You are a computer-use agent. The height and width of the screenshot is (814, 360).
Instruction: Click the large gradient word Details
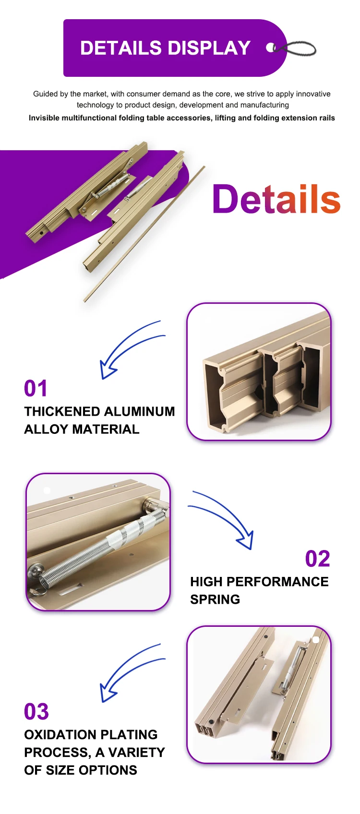[276, 199]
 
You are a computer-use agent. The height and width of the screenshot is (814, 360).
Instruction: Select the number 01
[36, 389]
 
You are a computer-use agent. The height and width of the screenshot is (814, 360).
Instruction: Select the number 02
[317, 559]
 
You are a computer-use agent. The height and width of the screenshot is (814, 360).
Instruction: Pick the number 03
[36, 712]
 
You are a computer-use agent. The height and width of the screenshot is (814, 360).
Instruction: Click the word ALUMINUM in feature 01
[140, 412]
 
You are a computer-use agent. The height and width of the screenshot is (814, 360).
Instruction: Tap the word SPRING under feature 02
[215, 599]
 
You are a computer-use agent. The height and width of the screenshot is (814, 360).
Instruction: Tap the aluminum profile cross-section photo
[259, 372]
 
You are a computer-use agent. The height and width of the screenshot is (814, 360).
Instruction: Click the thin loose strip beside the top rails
[144, 235]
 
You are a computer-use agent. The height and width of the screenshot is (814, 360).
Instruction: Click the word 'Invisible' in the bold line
[43, 118]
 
